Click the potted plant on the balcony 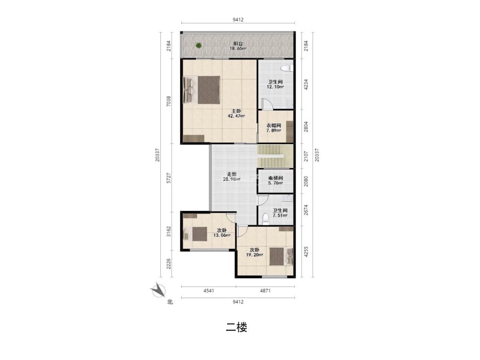(x=198, y=46)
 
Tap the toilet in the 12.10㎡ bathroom (x=287, y=68)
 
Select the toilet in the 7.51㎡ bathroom (x=265, y=219)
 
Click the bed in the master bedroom (x=202, y=90)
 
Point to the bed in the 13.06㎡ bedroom (x=195, y=234)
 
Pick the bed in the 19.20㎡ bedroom (x=281, y=256)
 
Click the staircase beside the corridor (x=275, y=156)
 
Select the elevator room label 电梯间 (x=276, y=178)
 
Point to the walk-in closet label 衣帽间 (x=274, y=126)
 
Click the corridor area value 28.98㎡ (x=232, y=179)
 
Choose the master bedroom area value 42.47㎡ (x=236, y=116)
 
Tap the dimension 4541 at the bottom (x=209, y=291)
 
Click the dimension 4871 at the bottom (x=265, y=291)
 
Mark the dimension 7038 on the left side (x=168, y=101)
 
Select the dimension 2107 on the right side (x=306, y=156)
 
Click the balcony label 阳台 (x=238, y=44)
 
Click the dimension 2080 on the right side (x=306, y=181)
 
